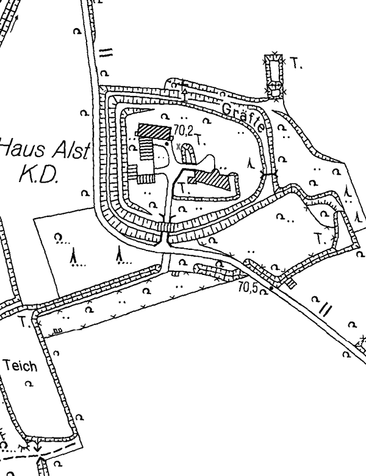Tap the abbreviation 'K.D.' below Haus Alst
point(38,175)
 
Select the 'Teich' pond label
point(20,367)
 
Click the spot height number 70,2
point(182,130)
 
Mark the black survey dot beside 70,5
point(271,287)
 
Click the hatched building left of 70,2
point(154,130)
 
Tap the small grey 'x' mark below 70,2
point(178,147)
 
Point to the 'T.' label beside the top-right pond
point(297,63)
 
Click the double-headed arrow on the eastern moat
point(269,175)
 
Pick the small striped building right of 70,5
point(290,282)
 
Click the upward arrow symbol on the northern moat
point(184,85)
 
